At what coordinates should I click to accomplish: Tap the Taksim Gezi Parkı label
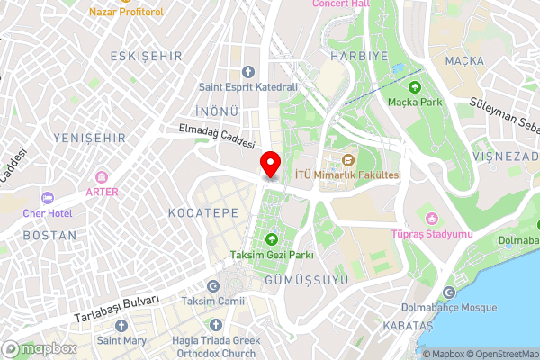pyautogui.click(x=271, y=255)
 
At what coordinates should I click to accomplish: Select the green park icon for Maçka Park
pyautogui.click(x=415, y=87)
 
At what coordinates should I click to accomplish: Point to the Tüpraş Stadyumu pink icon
pyautogui.click(x=431, y=219)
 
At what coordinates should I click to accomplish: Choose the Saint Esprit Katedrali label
pyautogui.click(x=248, y=87)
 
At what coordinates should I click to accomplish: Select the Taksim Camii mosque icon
pyautogui.click(x=212, y=285)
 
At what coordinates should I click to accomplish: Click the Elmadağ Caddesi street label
pyautogui.click(x=217, y=137)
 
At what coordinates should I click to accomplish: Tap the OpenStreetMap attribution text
pyautogui.click(x=499, y=354)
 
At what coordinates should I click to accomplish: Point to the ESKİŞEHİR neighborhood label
pyautogui.click(x=146, y=56)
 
